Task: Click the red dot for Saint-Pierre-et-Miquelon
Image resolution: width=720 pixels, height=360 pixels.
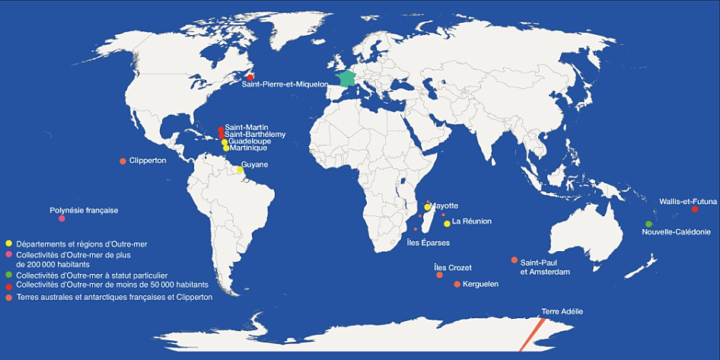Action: click(250, 77)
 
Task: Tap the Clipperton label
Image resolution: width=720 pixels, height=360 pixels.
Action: click(148, 161)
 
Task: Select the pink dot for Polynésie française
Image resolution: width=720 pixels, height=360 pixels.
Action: click(62, 219)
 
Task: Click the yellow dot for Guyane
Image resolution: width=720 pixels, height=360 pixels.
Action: click(240, 170)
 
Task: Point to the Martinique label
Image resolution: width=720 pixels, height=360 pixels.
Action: click(248, 148)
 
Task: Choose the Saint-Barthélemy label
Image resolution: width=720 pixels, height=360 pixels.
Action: click(255, 135)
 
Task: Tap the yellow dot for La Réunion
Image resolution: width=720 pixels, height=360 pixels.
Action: click(447, 223)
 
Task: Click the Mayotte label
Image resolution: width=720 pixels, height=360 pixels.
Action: click(444, 205)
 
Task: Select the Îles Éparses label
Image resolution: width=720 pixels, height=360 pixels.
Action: click(428, 243)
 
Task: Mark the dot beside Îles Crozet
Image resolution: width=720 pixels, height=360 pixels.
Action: click(439, 275)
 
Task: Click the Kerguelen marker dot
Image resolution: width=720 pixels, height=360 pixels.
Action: click(457, 284)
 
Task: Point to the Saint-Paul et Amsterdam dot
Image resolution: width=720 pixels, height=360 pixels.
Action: click(515, 260)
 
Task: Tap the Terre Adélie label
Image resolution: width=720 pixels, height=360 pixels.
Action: click(562, 311)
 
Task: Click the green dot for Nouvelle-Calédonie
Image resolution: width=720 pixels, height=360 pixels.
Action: click(648, 224)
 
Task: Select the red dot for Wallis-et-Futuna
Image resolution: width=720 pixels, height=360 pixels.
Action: click(694, 209)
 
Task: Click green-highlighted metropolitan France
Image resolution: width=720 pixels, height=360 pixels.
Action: click(347, 79)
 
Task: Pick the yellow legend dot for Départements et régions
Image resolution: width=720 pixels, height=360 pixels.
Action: click(8, 243)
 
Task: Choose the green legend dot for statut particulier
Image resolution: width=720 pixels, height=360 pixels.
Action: click(8, 275)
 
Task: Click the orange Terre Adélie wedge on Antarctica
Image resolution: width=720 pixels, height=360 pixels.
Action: click(532, 335)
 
